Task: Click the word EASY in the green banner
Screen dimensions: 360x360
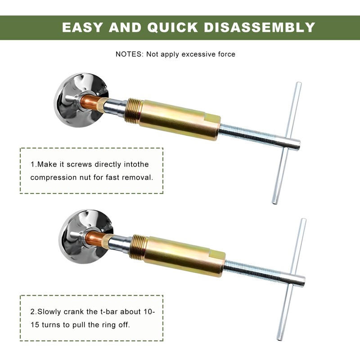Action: click(x=82, y=27)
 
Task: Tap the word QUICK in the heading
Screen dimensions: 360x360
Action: click(x=172, y=27)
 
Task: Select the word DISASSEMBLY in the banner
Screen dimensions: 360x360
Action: click(x=260, y=27)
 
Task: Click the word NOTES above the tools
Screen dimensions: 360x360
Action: click(x=129, y=54)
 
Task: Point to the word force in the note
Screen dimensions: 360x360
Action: click(x=227, y=54)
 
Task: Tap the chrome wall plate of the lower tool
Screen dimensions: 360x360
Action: click(x=85, y=237)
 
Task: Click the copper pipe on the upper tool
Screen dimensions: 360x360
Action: click(x=90, y=103)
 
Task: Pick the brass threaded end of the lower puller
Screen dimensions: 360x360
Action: click(x=139, y=247)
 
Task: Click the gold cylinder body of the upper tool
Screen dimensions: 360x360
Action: click(x=180, y=120)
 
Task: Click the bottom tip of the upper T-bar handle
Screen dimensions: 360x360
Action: click(x=274, y=203)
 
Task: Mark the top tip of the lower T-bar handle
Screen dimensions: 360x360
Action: click(x=303, y=219)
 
